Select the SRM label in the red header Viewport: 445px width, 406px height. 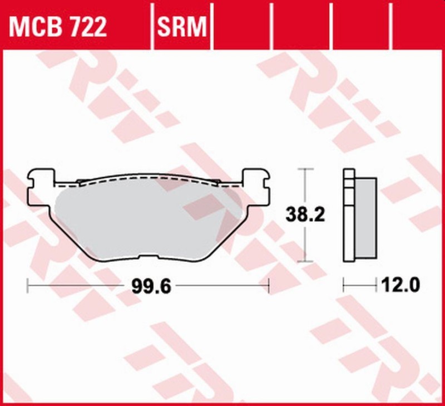coord(182,26)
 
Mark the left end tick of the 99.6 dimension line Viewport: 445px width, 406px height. coord(28,287)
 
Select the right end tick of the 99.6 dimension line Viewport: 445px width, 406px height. coord(269,287)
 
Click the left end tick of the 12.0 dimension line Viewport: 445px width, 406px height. coord(344,287)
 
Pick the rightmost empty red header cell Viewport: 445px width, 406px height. coord(417,26)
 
